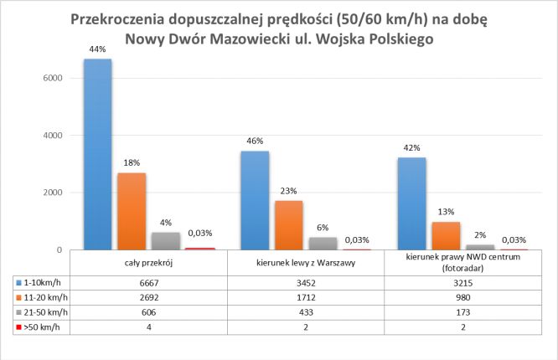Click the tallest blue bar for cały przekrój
tap(98, 155)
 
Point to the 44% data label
tap(98, 49)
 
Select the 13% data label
tap(447, 211)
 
